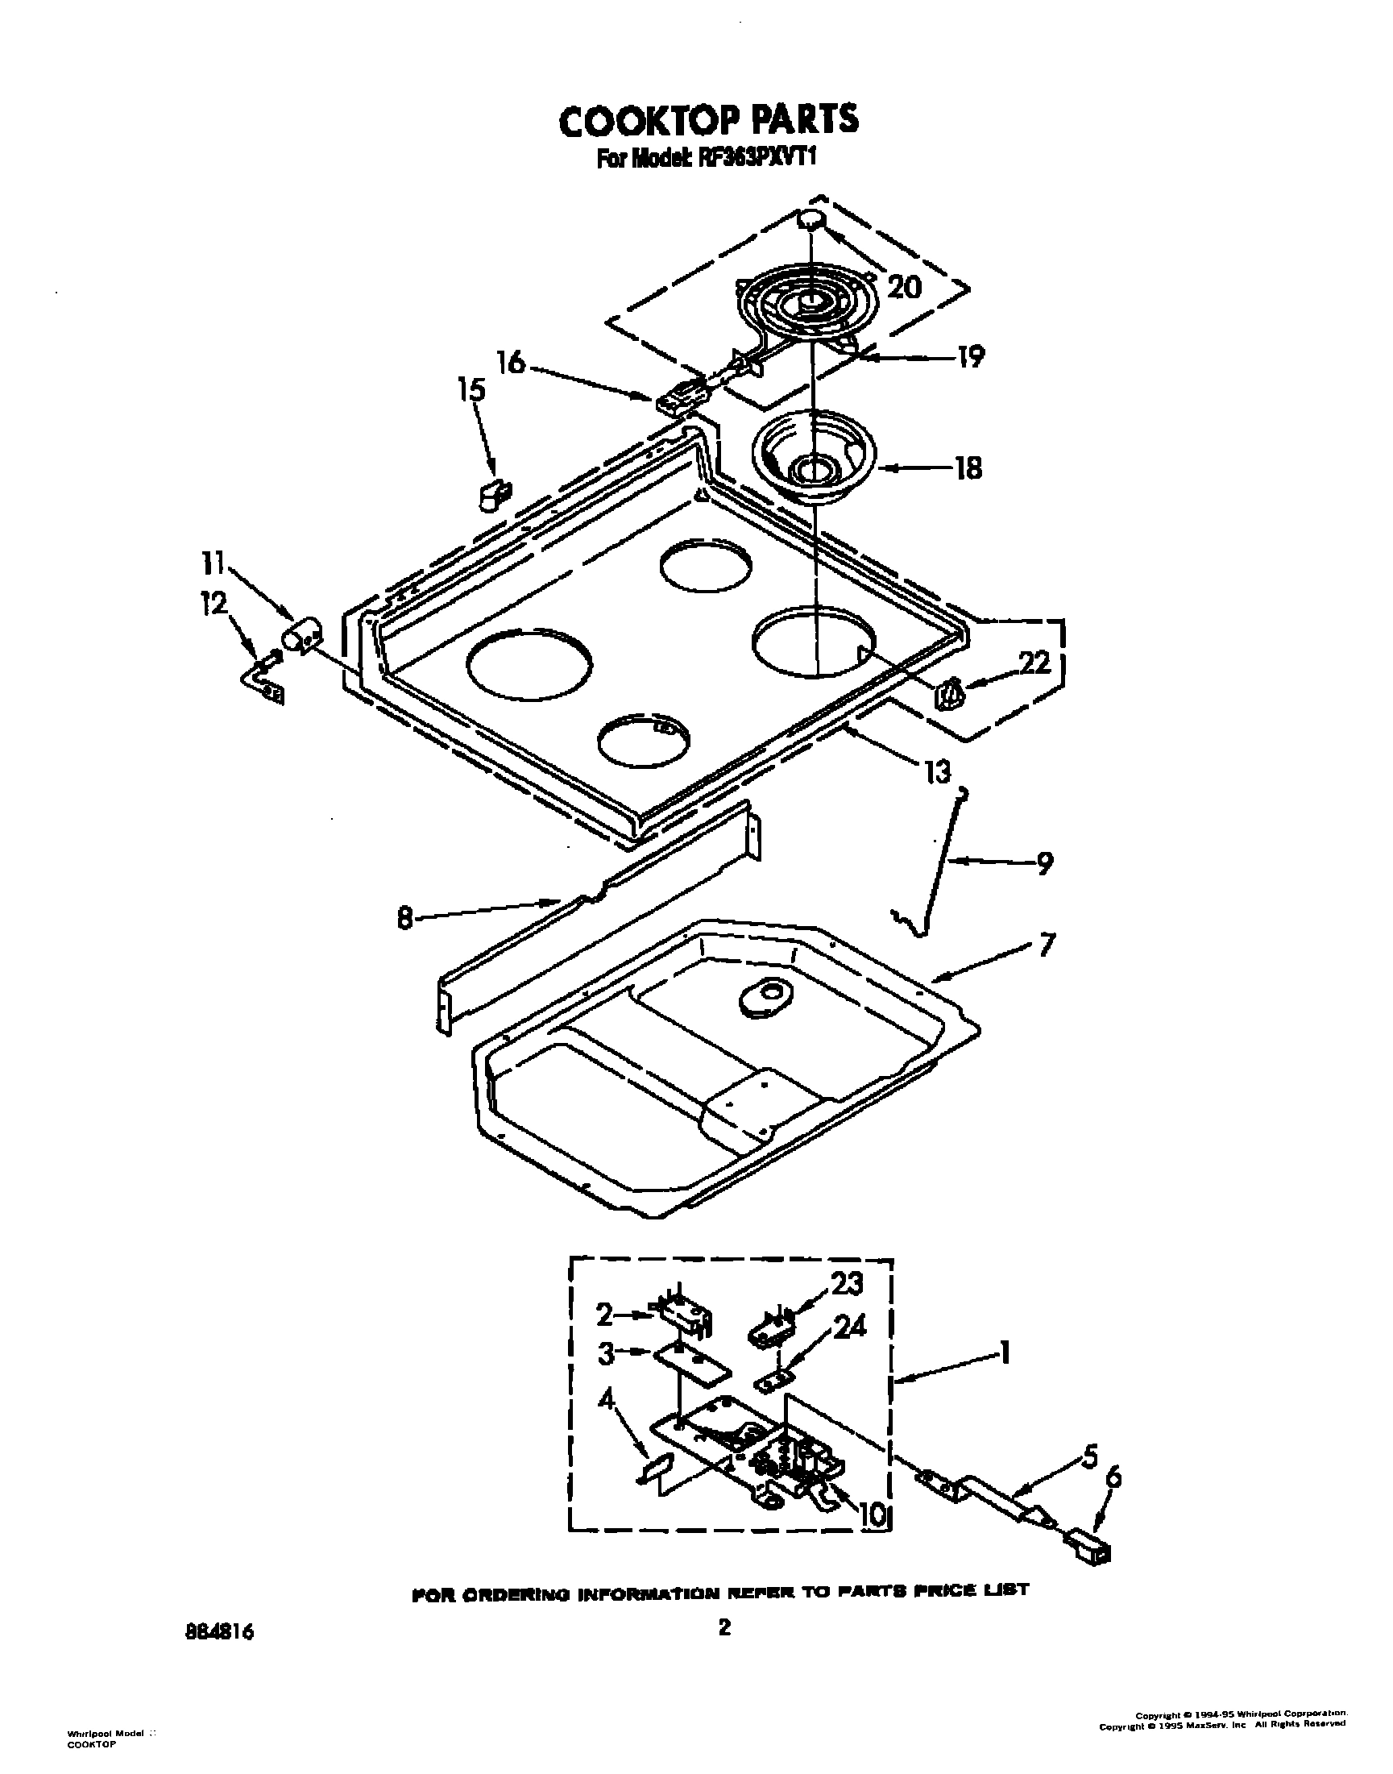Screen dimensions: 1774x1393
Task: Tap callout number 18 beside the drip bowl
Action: point(968,469)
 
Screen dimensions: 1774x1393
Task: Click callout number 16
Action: point(512,362)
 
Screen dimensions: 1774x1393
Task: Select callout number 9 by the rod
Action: point(1043,862)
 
